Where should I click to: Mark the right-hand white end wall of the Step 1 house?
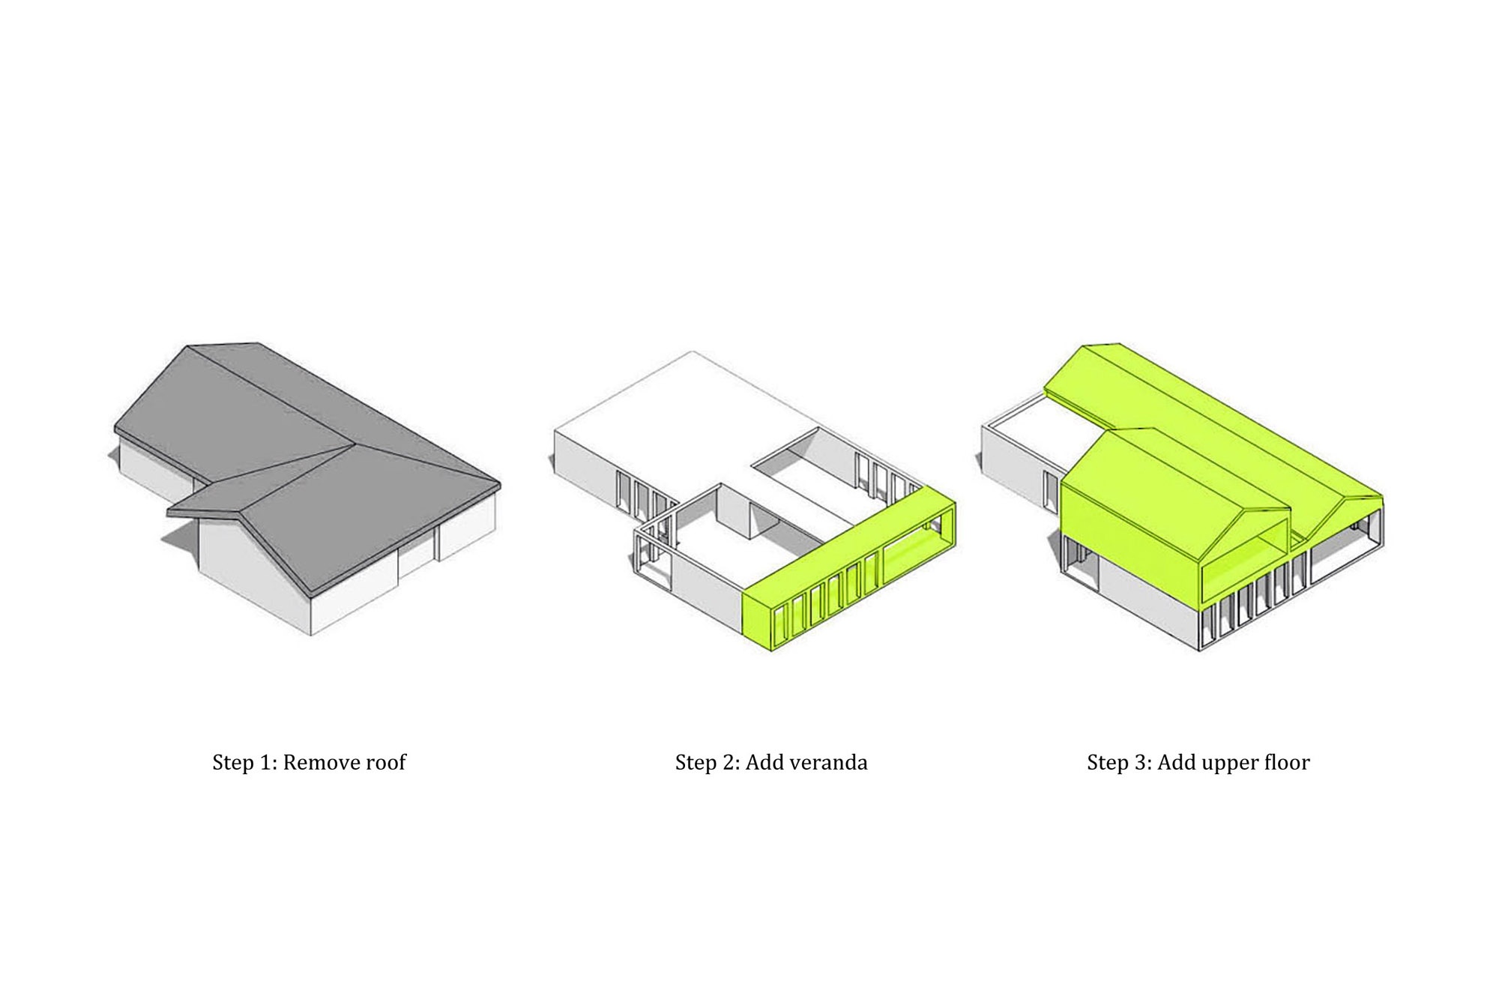(x=468, y=528)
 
